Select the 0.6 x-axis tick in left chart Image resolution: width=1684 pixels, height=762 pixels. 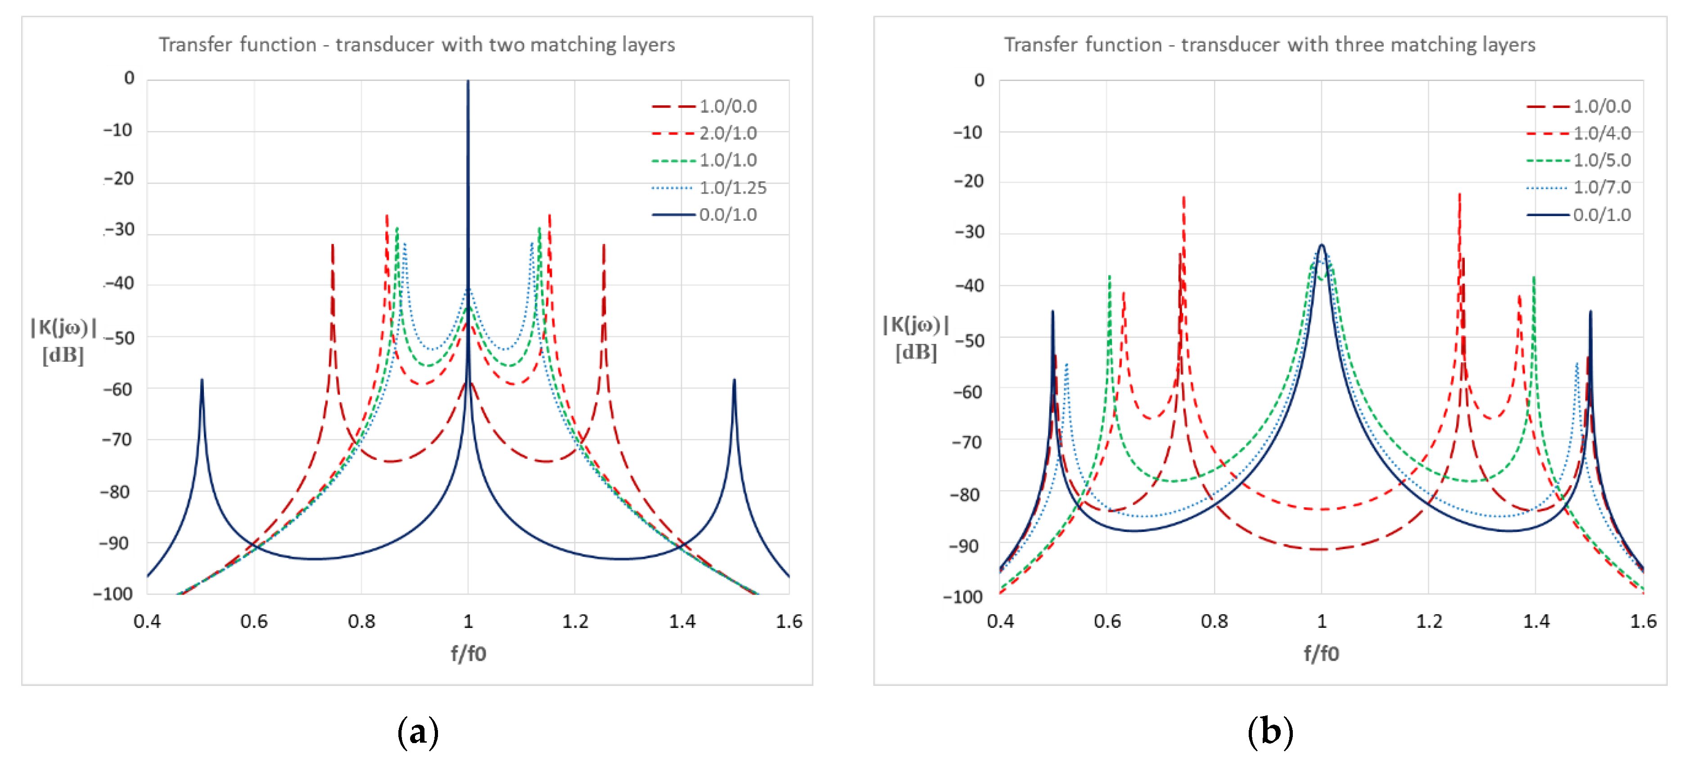coord(253,621)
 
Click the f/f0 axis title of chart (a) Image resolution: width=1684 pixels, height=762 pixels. coord(468,654)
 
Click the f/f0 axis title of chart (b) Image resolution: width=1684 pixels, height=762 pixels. coord(1321,654)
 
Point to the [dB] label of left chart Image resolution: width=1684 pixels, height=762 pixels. coord(63,356)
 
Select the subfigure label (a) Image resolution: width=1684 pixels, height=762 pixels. coord(418,731)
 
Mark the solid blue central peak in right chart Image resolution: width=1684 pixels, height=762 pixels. coord(1321,246)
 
